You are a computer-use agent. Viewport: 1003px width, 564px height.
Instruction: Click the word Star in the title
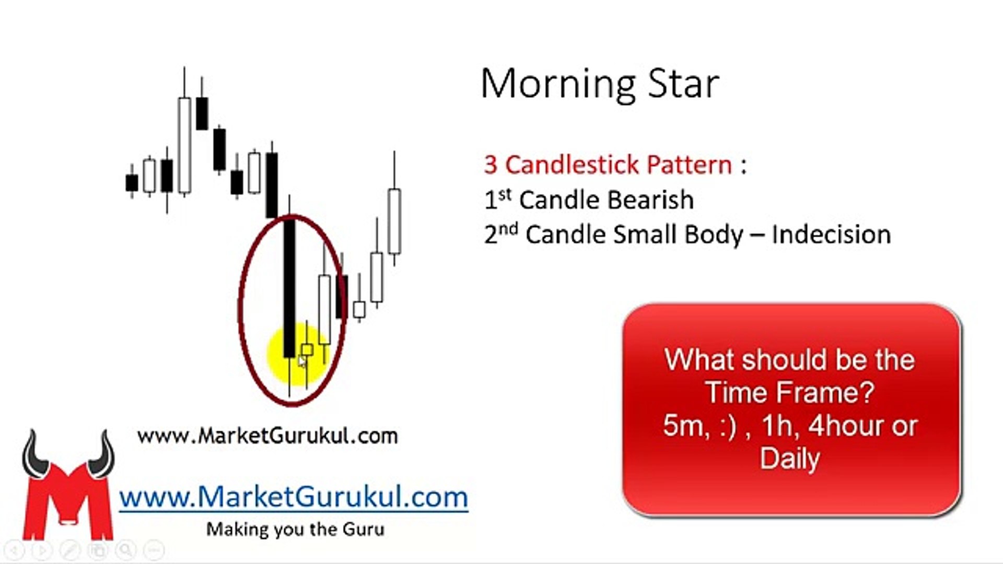click(684, 84)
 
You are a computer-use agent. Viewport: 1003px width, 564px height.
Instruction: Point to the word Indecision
click(831, 234)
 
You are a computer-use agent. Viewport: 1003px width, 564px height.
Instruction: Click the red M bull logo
click(68, 486)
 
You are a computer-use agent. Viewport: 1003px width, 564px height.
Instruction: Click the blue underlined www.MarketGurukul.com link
click(294, 497)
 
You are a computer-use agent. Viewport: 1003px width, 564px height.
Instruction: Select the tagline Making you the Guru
click(295, 529)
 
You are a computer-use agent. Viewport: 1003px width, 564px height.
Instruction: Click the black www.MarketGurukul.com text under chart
click(267, 436)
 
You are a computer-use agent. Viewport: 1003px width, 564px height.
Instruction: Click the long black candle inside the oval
click(289, 288)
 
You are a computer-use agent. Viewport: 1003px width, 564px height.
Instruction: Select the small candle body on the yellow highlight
click(307, 349)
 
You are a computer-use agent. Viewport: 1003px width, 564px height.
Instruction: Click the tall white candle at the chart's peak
click(184, 145)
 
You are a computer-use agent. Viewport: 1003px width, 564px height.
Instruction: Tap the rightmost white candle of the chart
click(394, 221)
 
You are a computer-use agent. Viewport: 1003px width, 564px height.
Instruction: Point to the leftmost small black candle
click(132, 183)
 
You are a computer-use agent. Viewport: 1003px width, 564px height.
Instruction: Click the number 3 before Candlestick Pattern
click(491, 165)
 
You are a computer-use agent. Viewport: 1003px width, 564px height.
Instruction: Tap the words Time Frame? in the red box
click(790, 392)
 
